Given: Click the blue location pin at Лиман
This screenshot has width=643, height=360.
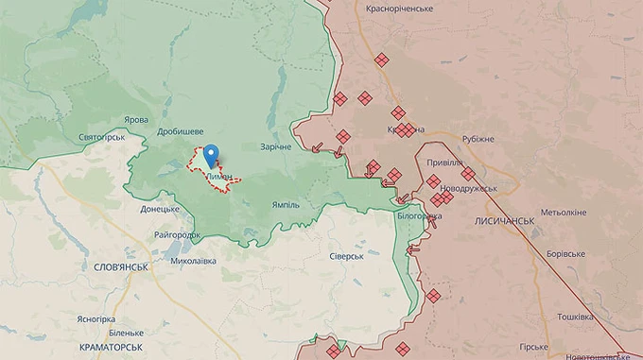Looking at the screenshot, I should [212, 154].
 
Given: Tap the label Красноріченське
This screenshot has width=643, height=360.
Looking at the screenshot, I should [399, 9].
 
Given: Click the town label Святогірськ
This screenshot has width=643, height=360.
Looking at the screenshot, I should [103, 138].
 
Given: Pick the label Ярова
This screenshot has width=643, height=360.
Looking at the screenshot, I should [136, 120].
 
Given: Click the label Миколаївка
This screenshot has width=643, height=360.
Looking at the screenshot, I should [193, 261].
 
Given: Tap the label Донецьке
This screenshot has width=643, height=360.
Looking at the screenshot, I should [160, 209].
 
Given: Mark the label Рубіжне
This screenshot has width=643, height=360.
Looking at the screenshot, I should [478, 139].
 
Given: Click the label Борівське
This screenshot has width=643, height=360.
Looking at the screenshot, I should [565, 253].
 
